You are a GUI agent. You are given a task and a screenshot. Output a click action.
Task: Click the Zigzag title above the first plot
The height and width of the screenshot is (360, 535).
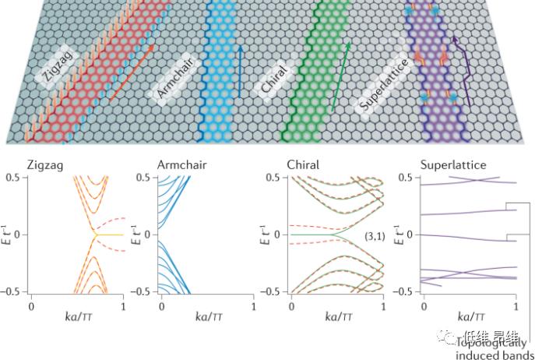click(x=46, y=165)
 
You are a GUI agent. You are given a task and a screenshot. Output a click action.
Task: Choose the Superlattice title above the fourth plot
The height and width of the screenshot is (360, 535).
click(x=452, y=165)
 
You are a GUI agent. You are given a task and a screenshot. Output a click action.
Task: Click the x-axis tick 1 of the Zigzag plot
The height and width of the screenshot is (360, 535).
click(x=123, y=305)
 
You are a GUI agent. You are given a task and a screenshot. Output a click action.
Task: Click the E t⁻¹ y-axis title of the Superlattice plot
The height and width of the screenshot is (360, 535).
click(x=402, y=235)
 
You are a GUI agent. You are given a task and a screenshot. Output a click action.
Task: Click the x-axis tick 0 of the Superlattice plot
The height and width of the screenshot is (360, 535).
click(x=423, y=305)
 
